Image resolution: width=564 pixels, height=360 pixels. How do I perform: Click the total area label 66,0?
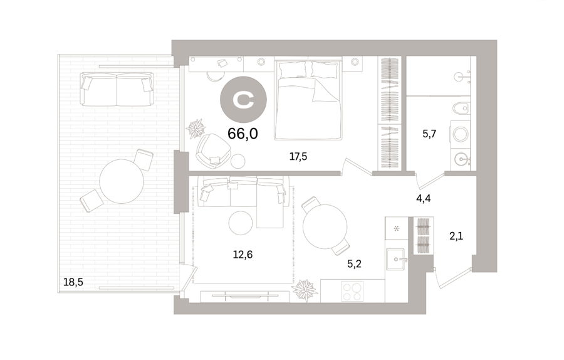click(243, 134)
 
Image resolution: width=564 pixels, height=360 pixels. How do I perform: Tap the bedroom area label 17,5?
click(298, 157)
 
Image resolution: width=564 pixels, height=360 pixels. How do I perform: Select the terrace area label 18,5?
click(73, 282)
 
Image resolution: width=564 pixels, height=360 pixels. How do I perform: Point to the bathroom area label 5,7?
click(429, 134)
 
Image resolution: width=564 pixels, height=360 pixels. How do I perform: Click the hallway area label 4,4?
click(424, 198)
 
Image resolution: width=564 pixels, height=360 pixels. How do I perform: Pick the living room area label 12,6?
click(243, 255)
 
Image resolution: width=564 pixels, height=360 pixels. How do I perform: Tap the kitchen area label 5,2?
click(354, 264)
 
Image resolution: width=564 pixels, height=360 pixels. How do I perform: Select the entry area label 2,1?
click(456, 236)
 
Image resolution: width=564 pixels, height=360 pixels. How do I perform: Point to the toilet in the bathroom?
click(461, 108)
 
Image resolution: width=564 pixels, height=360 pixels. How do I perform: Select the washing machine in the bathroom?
click(461, 135)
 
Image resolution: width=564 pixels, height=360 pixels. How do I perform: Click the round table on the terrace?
click(122, 181)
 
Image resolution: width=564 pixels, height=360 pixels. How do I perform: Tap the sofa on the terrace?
click(117, 89)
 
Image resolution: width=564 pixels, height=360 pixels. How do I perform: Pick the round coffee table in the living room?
click(241, 223)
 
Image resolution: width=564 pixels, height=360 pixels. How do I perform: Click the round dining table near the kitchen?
click(325, 227)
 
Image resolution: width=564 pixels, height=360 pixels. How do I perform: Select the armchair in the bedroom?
click(213, 151)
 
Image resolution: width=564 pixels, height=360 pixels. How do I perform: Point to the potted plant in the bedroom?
click(196, 128)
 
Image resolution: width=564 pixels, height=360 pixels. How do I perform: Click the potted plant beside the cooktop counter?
click(305, 290)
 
